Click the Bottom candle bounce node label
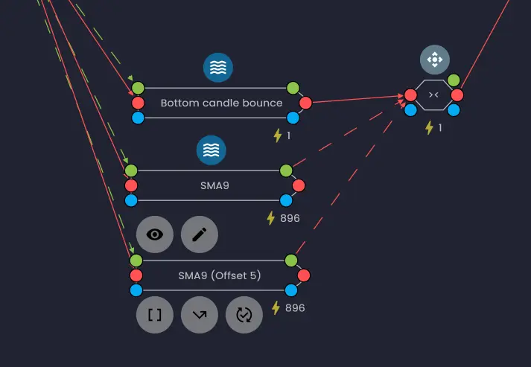point(221,103)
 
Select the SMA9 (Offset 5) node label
point(220,275)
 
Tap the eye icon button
point(155,234)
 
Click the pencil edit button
point(200,234)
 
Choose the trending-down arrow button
point(200,315)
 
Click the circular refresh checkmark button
point(244,315)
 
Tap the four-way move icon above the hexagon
point(434,60)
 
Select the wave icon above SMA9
point(211,150)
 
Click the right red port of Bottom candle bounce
point(305,103)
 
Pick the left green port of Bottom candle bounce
point(138,88)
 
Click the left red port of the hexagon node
point(410,95)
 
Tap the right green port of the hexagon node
point(453,80)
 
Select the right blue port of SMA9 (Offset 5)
point(291,290)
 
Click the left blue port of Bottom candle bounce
point(138,118)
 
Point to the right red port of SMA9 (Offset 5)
point(303,275)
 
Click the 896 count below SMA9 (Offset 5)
point(295,307)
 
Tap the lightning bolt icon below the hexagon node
point(429,127)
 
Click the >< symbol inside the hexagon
point(433,95)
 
